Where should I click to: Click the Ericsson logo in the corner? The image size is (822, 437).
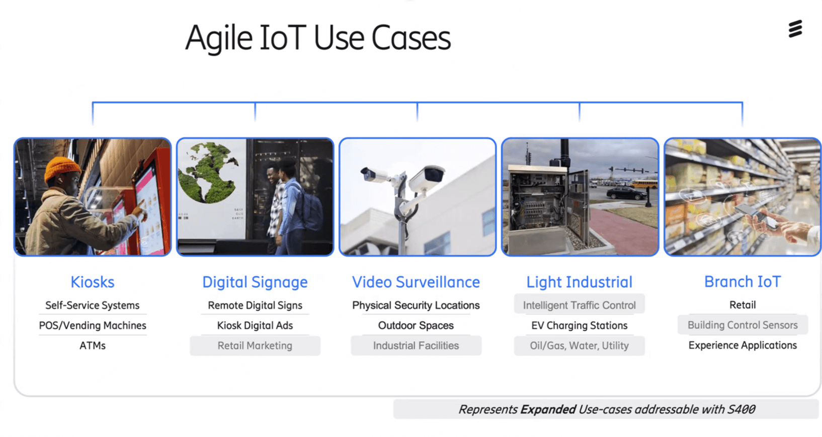[795, 29]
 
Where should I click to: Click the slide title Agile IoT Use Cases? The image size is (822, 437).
[318, 38]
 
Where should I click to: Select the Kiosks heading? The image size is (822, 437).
[93, 282]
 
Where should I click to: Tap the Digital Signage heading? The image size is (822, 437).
[255, 282]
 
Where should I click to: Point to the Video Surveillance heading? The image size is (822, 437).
[416, 282]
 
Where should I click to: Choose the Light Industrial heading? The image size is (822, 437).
[579, 282]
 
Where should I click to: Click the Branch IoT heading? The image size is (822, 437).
[742, 281]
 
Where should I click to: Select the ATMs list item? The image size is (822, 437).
[93, 346]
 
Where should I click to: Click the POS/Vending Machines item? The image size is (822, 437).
[93, 326]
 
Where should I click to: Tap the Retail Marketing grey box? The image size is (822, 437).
[255, 346]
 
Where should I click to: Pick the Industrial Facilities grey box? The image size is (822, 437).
[416, 346]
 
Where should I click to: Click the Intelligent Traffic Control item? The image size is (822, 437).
[579, 305]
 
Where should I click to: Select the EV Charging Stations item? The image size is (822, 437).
[579, 326]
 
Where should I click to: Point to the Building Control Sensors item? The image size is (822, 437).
[742, 325]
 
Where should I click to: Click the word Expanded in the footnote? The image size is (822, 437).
[548, 409]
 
